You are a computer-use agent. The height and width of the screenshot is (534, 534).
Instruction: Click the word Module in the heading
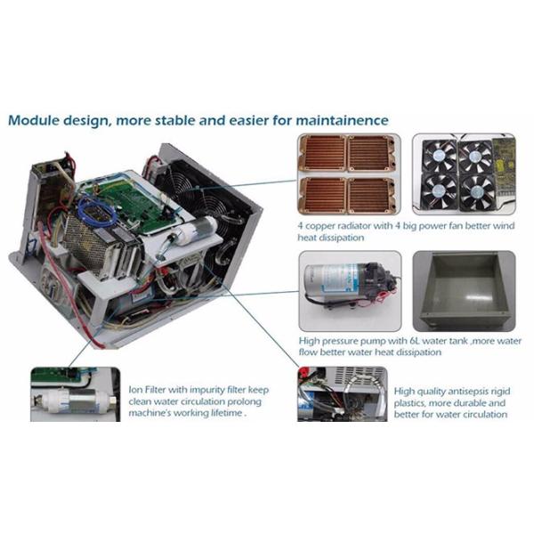click(33, 120)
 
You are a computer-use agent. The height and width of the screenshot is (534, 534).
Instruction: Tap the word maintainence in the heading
click(342, 120)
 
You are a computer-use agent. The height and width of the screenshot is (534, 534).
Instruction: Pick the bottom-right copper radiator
click(372, 196)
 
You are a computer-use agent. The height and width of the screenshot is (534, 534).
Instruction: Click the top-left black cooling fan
click(439, 157)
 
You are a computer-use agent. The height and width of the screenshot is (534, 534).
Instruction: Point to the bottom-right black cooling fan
click(477, 192)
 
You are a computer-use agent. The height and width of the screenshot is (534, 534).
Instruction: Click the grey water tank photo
click(464, 291)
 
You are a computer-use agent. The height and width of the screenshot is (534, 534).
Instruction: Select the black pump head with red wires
click(377, 278)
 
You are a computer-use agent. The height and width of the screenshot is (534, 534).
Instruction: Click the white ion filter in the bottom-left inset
click(75, 400)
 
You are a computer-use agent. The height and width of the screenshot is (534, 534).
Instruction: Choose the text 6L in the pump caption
click(414, 341)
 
